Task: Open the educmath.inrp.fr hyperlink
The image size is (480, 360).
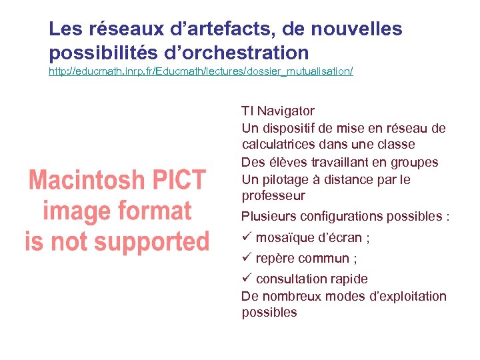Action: [201, 71]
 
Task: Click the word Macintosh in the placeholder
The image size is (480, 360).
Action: [86, 180]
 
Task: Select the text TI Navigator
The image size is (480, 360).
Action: [278, 111]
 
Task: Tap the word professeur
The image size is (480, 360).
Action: [273, 196]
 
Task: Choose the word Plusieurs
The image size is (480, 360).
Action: [269, 216]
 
